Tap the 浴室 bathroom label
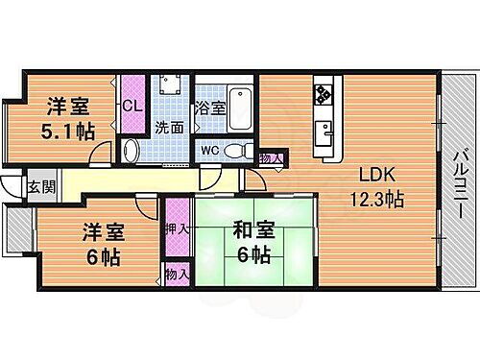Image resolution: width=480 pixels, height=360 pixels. (x=210, y=108)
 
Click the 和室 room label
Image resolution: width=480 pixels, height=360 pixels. (x=251, y=231)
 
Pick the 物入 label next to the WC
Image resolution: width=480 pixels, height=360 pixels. (x=273, y=158)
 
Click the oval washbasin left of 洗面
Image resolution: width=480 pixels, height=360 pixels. (x=132, y=150)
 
